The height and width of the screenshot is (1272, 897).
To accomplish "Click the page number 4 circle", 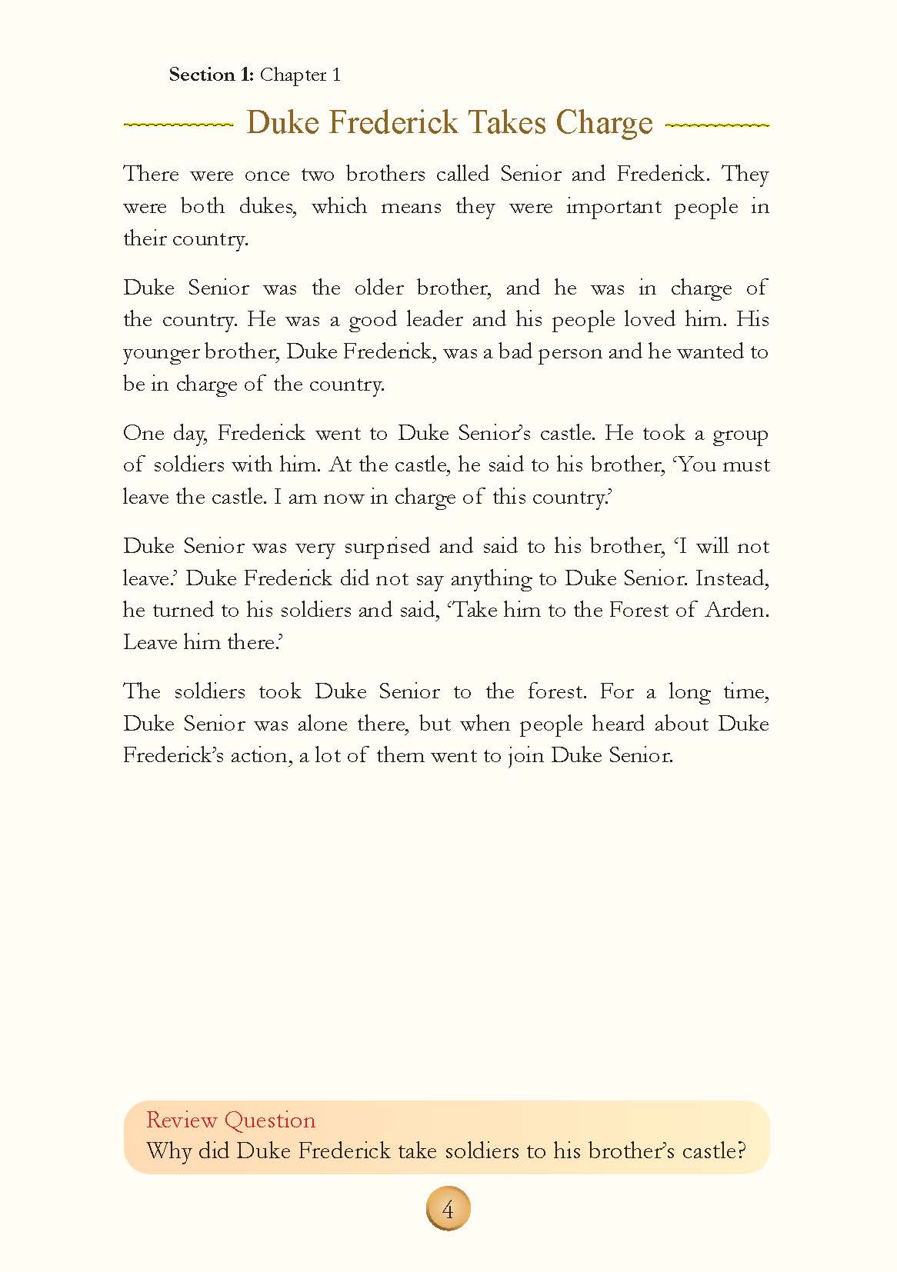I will [448, 1210].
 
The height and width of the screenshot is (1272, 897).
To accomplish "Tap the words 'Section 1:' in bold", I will [211, 75].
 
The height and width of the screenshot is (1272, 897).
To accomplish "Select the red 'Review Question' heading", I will [231, 1120].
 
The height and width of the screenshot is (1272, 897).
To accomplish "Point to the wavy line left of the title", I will [178, 125].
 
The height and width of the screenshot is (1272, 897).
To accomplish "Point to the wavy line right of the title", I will [716, 125].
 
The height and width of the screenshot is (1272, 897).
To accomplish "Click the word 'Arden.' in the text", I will [738, 611].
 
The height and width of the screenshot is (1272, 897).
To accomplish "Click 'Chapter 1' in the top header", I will [300, 75].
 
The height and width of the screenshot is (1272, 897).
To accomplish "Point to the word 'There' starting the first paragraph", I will [151, 174].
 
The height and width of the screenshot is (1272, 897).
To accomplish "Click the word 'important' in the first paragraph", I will [613, 207].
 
